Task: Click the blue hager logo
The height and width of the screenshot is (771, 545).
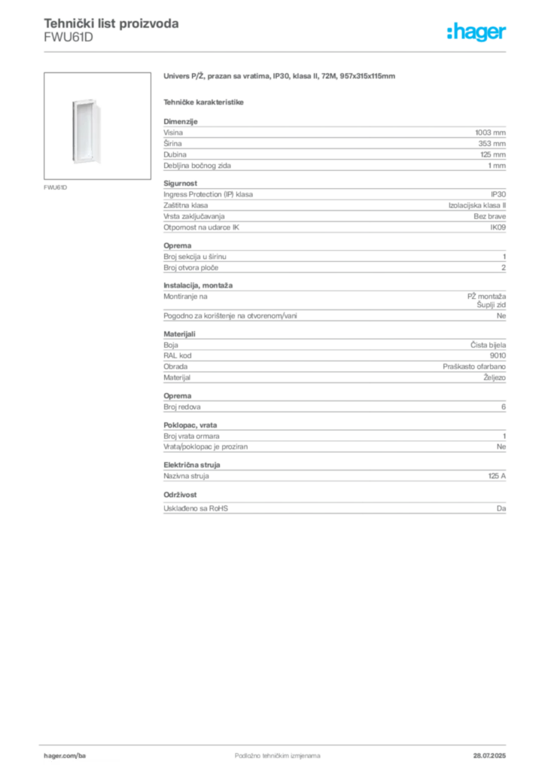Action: click(478, 32)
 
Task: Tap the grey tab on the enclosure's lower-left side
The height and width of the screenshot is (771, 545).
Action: click(69, 158)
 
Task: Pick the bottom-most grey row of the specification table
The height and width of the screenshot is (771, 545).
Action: click(334, 510)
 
